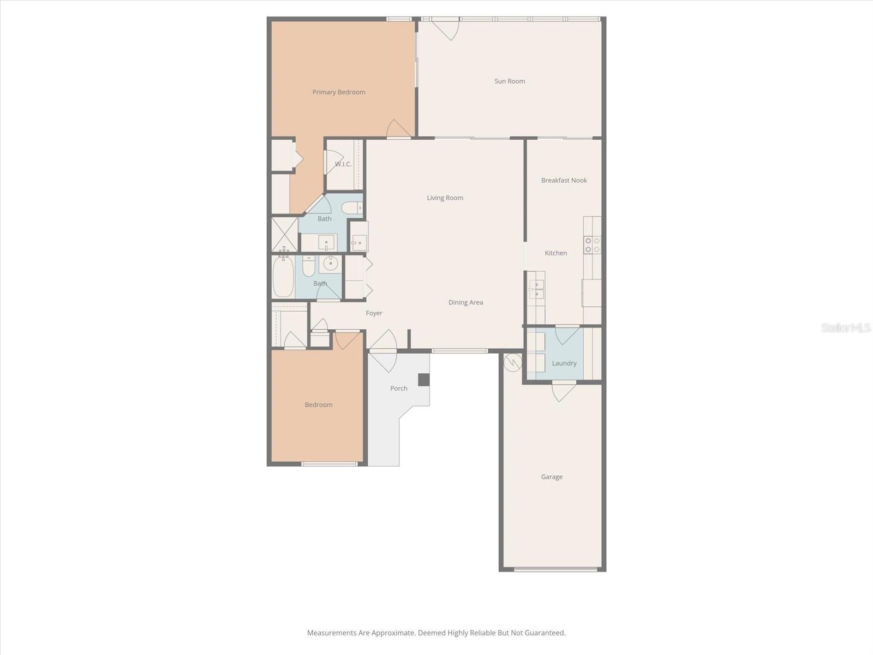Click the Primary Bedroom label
[339, 92]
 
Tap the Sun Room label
[510, 81]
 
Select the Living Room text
[445, 198]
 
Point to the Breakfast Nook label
[564, 181]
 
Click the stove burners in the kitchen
[593, 245]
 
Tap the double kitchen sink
[536, 289]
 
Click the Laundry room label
[564, 364]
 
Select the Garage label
[552, 477]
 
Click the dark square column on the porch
[424, 380]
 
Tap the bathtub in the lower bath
[283, 277]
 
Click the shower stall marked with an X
[285, 235]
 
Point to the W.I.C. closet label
[343, 164]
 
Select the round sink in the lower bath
[331, 264]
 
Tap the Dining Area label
[465, 302]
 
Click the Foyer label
[374, 313]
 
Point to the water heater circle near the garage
[512, 362]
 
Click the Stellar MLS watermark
[846, 328]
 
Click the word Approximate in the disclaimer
[393, 633]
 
